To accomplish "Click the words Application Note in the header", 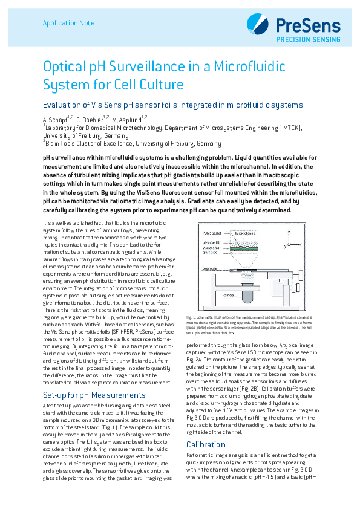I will coord(68,23).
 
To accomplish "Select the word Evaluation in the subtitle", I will coord(62,105).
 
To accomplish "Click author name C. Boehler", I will coord(89,120).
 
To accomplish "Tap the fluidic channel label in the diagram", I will coord(246,233).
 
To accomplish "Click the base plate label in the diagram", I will coord(210,267).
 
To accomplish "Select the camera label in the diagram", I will coord(229,296).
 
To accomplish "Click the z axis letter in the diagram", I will coord(290,232).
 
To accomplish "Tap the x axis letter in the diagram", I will coord(300,245).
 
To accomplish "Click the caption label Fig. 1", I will coord(190,317).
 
